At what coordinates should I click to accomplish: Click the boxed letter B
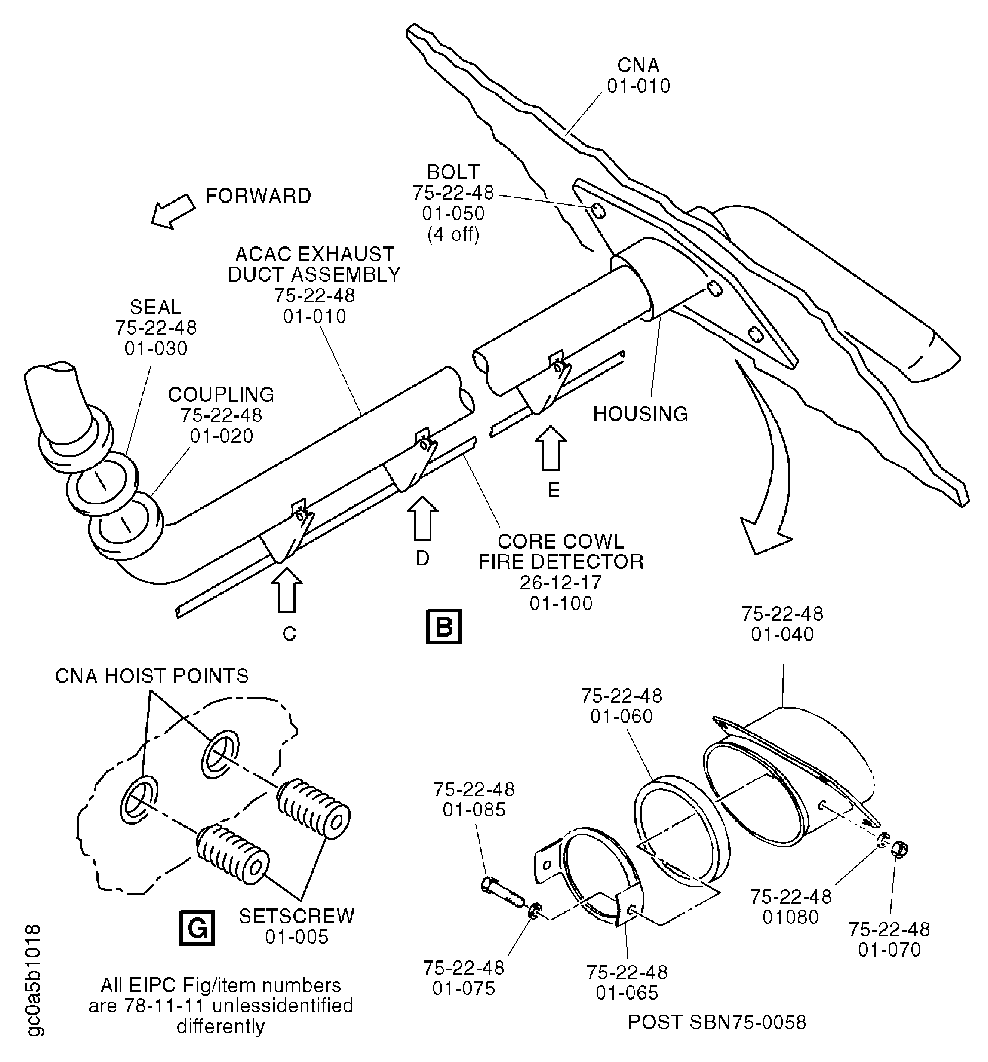443,626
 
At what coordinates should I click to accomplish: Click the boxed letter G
197,928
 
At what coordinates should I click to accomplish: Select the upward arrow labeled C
286,590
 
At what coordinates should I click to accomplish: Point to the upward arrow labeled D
422,518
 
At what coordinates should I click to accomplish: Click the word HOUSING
640,414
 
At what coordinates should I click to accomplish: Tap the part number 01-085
474,810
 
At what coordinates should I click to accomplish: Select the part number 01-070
889,949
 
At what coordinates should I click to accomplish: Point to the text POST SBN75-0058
716,1022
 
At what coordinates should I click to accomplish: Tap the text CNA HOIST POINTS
152,676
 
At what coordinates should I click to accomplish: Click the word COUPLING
221,395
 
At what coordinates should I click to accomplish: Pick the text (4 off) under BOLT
453,234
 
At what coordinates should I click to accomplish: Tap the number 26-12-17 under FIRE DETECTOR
561,582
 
